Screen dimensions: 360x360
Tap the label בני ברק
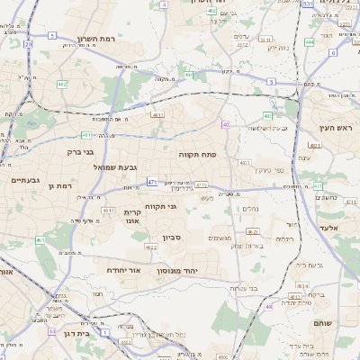pos(62,152)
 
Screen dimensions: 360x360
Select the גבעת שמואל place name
pos(113,166)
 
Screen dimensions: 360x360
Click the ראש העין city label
pos(331,129)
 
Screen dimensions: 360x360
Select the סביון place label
pos(172,238)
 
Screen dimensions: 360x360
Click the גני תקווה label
pos(159,206)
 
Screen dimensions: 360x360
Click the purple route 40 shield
pos(225,124)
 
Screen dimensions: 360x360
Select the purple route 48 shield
pos(268,306)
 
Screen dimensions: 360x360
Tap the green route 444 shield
pos(310,41)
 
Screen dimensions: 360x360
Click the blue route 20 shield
pos(29,43)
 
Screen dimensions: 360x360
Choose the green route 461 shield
pos(40,240)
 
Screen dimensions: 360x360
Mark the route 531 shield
pos(308,4)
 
